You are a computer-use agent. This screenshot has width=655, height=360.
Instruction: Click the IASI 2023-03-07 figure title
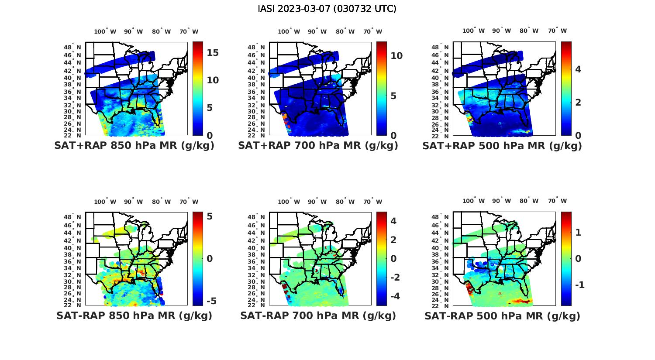(x=327, y=9)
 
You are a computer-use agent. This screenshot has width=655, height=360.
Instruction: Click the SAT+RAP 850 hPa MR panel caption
(x=134, y=146)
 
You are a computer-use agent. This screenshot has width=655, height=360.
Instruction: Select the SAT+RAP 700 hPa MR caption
(x=318, y=146)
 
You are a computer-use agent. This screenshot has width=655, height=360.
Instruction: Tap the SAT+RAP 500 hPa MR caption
(x=502, y=146)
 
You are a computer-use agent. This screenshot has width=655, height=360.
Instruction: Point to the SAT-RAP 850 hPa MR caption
(x=134, y=315)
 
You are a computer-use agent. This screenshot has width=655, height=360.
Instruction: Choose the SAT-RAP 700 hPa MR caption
(x=318, y=315)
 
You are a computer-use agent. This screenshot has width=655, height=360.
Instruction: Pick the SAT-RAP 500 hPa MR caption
(x=502, y=315)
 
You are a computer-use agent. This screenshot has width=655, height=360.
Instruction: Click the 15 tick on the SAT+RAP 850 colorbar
(x=213, y=53)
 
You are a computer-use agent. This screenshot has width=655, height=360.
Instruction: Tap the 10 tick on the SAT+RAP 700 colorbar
(x=396, y=56)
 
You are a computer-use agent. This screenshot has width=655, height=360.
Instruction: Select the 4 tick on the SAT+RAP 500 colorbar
(x=578, y=69)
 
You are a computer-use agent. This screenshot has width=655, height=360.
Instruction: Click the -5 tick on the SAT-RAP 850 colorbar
(x=211, y=301)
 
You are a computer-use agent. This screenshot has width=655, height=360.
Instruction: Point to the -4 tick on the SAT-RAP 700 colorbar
(x=393, y=296)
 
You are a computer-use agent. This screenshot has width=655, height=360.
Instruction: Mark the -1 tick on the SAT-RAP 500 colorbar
(x=579, y=285)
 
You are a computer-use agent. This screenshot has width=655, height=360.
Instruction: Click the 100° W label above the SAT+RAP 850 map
(x=105, y=31)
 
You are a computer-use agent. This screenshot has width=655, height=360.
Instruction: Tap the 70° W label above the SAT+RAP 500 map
(x=557, y=31)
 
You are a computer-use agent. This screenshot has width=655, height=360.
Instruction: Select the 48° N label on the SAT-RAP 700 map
(x=256, y=217)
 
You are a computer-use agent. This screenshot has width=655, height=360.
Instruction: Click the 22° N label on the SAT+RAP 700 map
(x=256, y=136)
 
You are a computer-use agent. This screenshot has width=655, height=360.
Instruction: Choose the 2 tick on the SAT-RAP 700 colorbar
(x=393, y=240)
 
